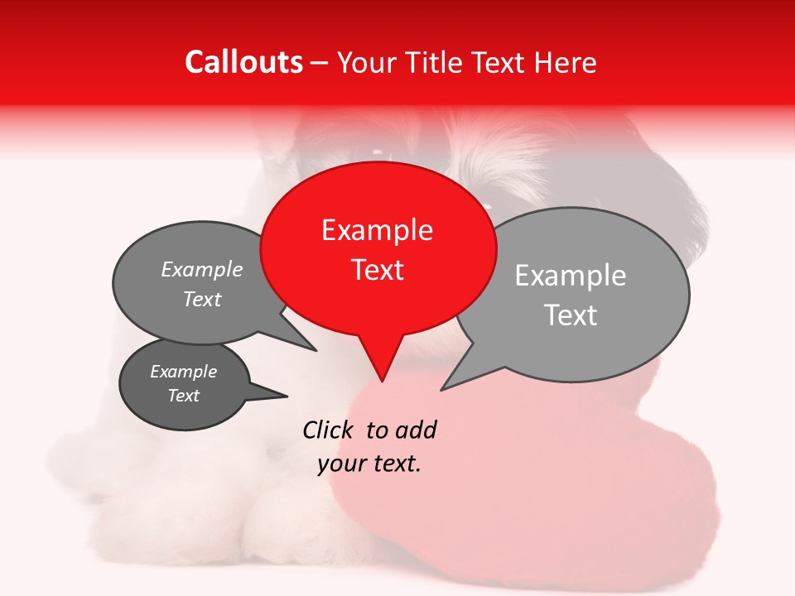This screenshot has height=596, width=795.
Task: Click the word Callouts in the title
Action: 243,62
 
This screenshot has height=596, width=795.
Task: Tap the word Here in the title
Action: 566,62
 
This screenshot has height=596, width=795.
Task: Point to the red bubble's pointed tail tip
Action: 382,381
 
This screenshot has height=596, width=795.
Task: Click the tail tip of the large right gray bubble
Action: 441,389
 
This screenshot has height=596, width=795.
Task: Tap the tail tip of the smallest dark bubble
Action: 287,395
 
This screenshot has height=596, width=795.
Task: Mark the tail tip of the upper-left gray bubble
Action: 316,350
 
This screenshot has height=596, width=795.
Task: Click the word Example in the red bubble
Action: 377,230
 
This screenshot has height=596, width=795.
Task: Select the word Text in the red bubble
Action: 378,270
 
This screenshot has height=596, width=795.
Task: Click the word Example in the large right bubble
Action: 570,276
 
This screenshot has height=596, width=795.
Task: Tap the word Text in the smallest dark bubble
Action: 184,396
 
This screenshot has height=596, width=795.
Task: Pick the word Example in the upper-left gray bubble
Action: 202,270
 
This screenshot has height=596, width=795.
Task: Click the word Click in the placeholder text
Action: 330,430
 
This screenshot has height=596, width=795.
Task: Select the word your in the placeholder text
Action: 341,464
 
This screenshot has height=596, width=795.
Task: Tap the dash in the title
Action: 320,62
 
